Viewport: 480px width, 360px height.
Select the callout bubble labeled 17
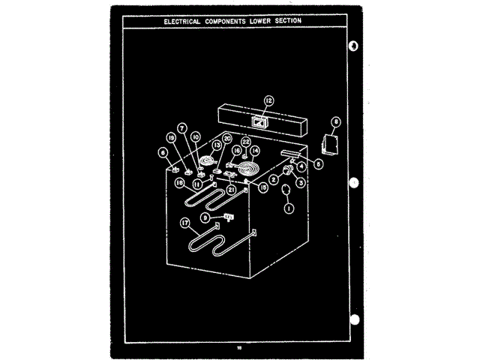(184, 222)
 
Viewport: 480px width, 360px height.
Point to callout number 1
(288, 210)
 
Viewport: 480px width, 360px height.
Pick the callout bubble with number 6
(162, 152)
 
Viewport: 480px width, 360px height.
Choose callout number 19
(171, 138)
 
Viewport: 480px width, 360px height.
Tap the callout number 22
(245, 141)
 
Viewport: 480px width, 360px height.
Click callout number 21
(232, 190)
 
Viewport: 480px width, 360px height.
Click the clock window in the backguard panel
(259, 120)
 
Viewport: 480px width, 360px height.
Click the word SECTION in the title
(285, 21)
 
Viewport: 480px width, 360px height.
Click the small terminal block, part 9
(230, 217)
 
